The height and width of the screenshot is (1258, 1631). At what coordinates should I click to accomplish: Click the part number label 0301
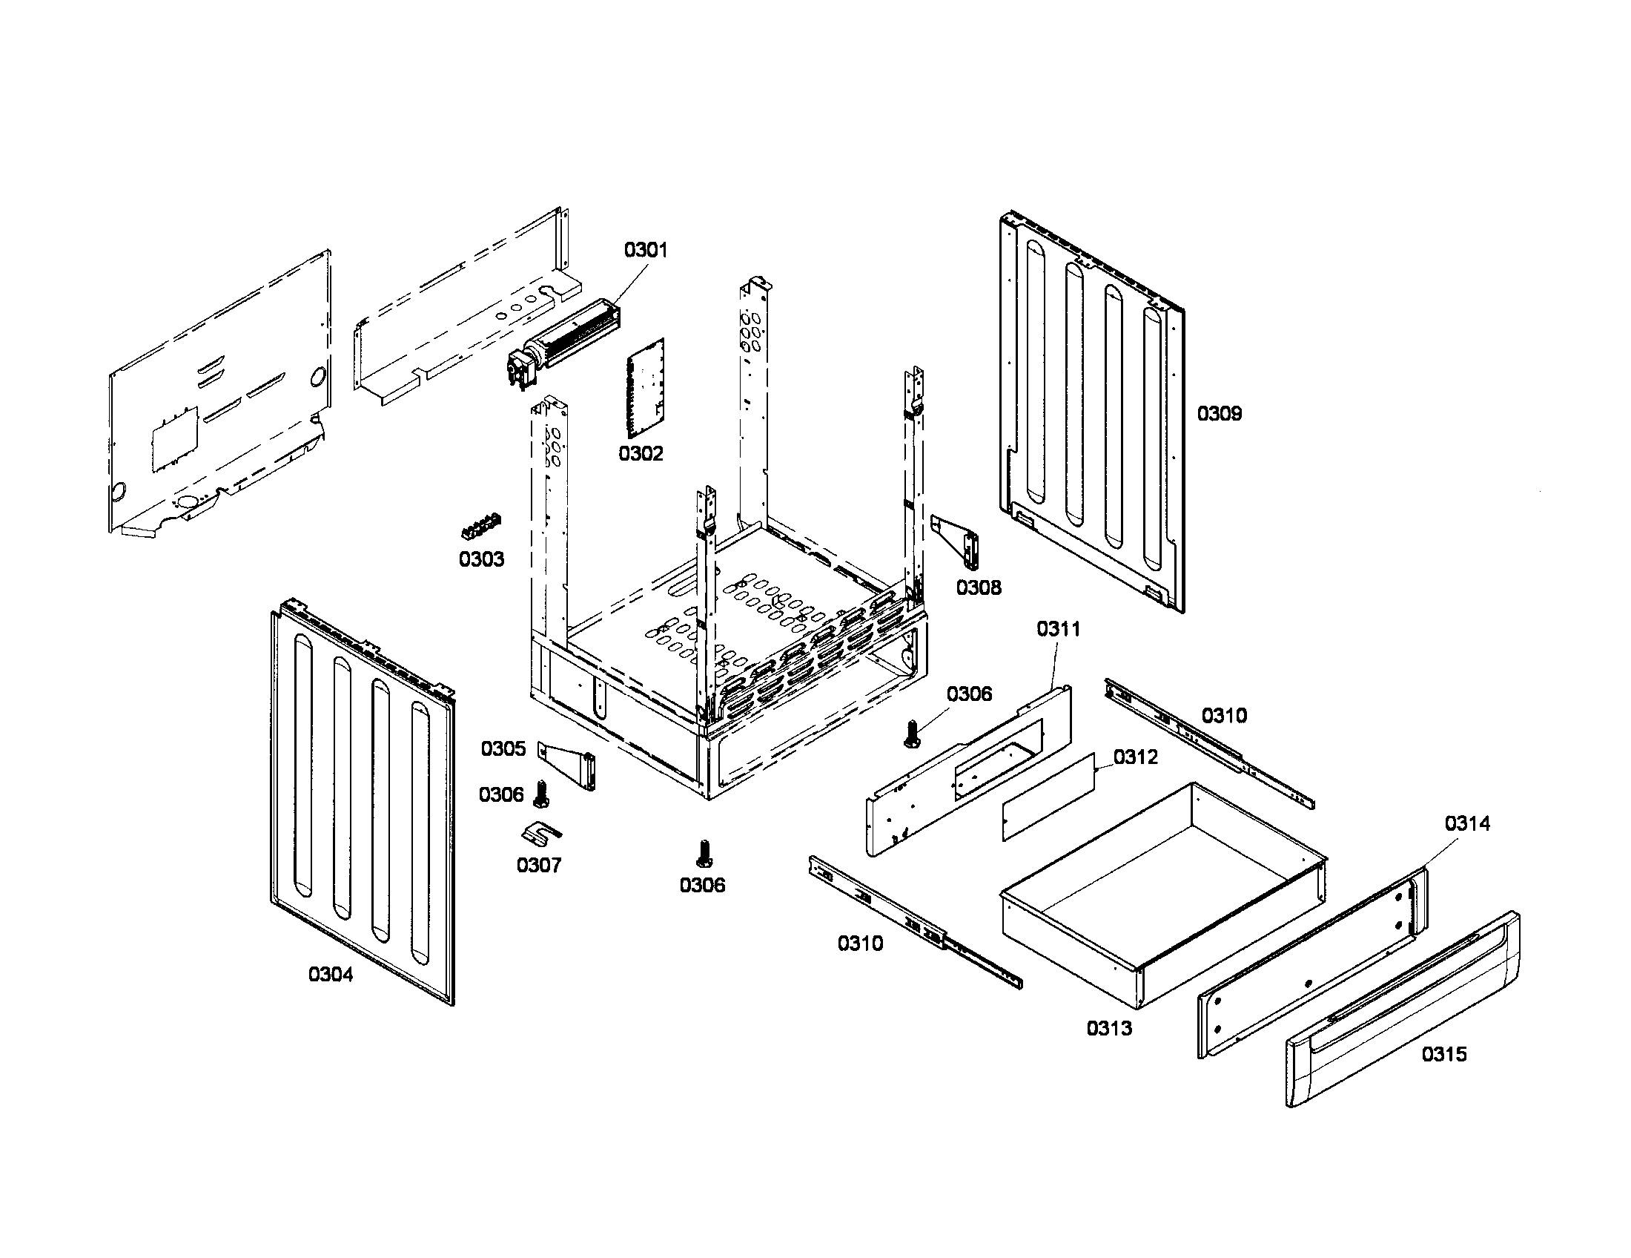[x=645, y=249]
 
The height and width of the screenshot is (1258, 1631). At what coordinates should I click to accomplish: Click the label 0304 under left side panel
[x=330, y=974]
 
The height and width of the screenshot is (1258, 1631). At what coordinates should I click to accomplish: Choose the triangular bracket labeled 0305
[x=572, y=768]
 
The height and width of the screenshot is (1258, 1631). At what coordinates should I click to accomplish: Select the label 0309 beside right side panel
[x=1219, y=413]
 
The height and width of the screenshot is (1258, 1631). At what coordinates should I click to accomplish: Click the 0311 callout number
[x=1057, y=629]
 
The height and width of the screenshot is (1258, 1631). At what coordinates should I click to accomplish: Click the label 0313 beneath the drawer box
[x=1108, y=1028]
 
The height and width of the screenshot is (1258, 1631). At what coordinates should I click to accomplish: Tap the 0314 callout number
[x=1466, y=823]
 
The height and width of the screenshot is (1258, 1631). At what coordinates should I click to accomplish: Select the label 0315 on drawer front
[x=1443, y=1054]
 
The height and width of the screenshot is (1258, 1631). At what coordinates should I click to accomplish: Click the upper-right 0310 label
[x=1223, y=716]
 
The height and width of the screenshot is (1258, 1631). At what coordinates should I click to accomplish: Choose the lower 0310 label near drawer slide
[x=859, y=943]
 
